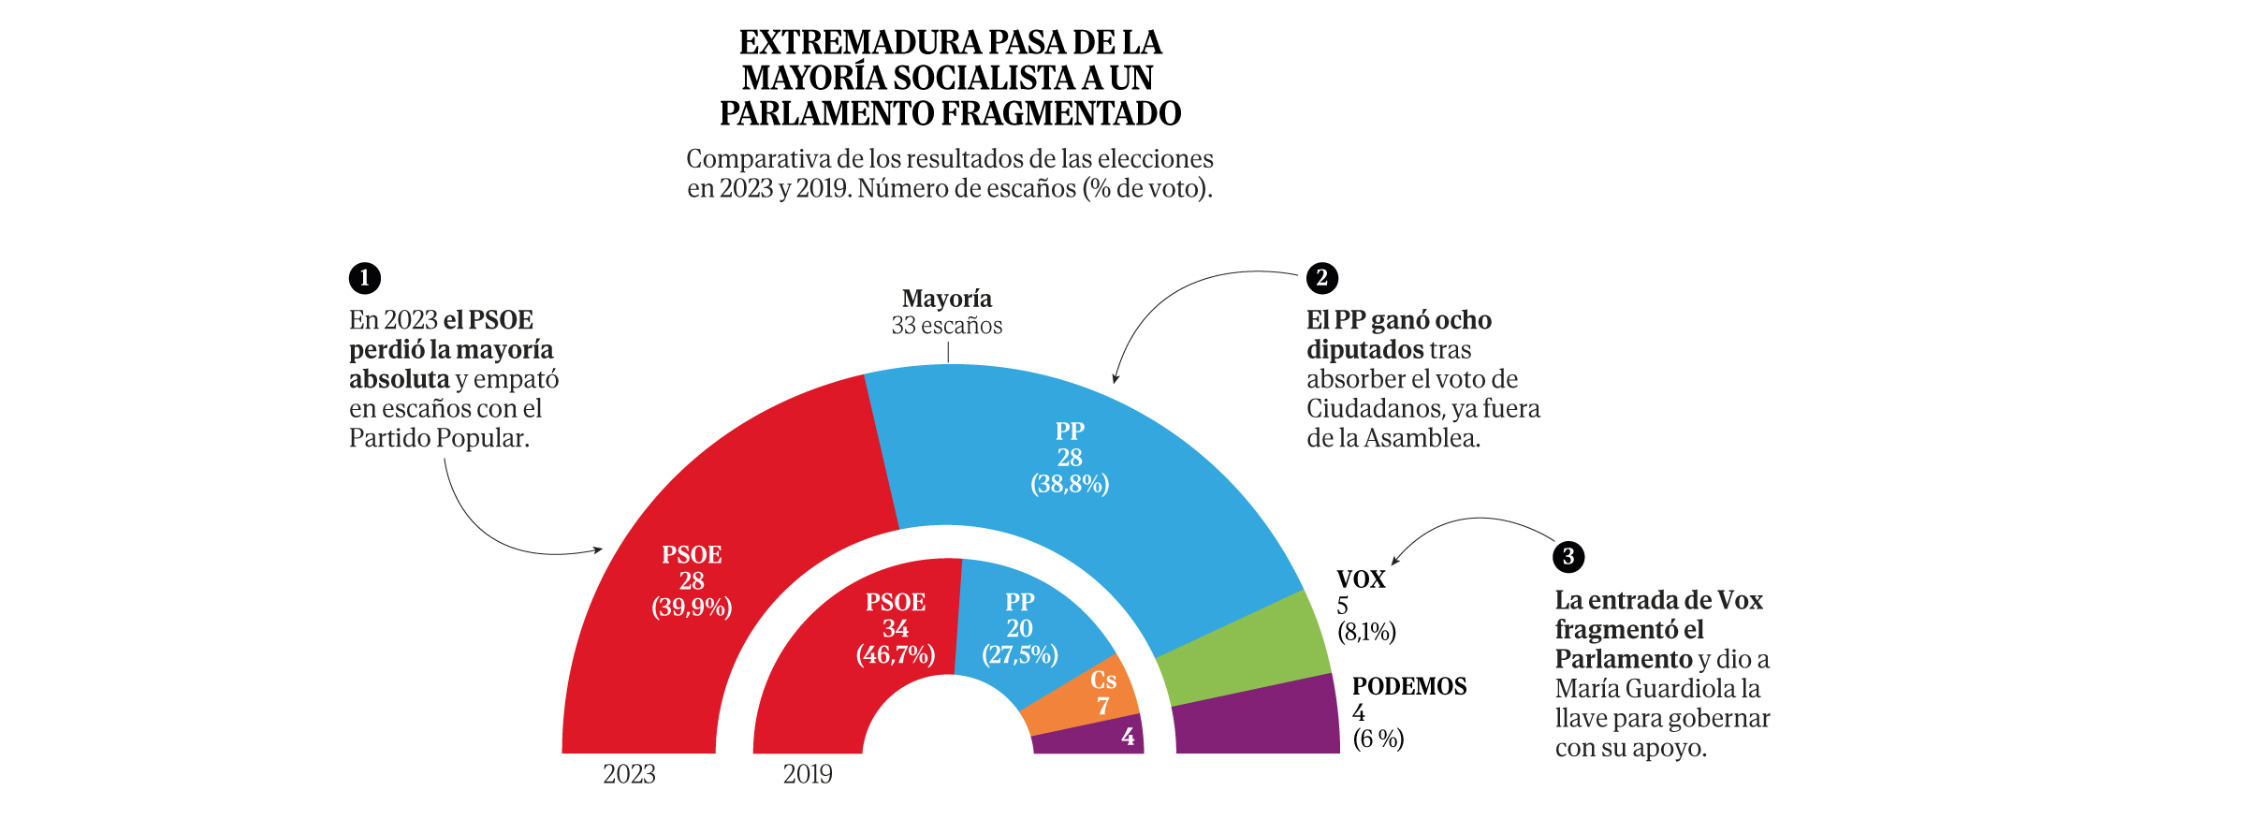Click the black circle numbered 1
[x=365, y=278]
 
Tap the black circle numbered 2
[x=1322, y=278]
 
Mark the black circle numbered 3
[x=1568, y=557]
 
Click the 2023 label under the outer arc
[x=629, y=775]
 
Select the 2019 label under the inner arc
[x=808, y=775]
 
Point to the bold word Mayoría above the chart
[x=947, y=299]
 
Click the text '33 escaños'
[x=947, y=326]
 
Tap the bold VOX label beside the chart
[x=1361, y=579]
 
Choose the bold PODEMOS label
[x=1409, y=686]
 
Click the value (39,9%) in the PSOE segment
[x=692, y=608]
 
